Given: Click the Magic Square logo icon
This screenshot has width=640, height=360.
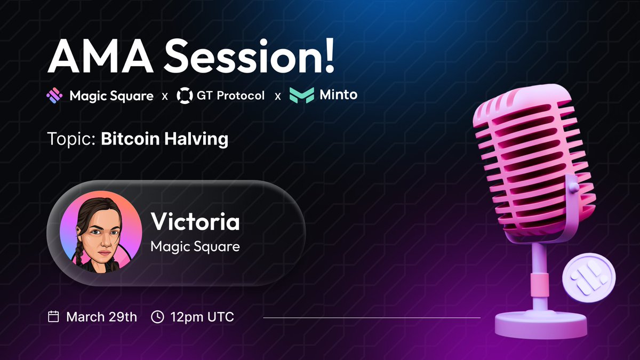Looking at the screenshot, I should coord(54,96).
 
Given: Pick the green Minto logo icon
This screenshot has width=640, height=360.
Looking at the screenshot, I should coord(301,96).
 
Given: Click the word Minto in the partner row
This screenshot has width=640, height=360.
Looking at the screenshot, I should coord(338,95).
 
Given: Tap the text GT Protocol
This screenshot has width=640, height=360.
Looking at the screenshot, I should coord(230,96).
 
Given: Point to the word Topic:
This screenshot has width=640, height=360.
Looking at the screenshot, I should coord(71,140).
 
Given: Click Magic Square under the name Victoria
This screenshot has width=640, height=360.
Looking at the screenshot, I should coord(195,247).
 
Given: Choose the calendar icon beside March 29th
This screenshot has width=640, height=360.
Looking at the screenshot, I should coord(53,317).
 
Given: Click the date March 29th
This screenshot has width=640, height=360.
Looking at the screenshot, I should coord(101,317).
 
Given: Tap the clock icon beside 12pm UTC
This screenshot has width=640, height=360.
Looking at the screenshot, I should coord(158,317).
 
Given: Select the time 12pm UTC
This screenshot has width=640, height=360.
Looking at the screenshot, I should coord(202,317).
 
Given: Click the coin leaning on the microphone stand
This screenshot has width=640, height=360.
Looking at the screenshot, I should coord(588,278).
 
